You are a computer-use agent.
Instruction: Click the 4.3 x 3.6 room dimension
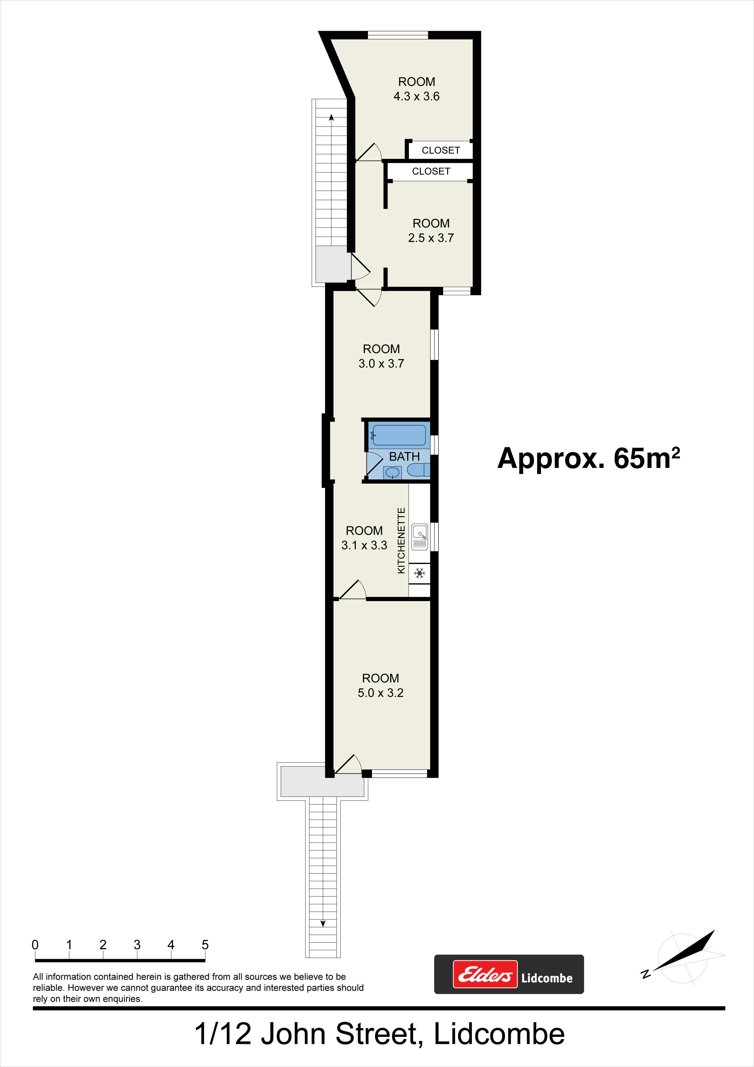tap(416, 96)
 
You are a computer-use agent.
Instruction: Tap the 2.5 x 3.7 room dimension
tap(431, 238)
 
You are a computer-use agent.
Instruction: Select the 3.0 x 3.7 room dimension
tap(381, 364)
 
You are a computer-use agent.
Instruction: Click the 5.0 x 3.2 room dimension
tap(381, 693)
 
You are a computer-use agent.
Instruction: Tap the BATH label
tap(405, 457)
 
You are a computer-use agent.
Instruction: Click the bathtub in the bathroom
tap(398, 435)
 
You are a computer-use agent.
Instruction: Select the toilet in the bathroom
tap(419, 470)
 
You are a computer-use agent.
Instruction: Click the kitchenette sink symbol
tap(420, 537)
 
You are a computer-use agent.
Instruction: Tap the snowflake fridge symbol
tap(420, 573)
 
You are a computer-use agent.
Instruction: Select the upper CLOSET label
tap(441, 150)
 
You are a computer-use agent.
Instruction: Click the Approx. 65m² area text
tap(589, 458)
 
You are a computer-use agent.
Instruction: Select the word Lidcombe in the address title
tap(499, 1034)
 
